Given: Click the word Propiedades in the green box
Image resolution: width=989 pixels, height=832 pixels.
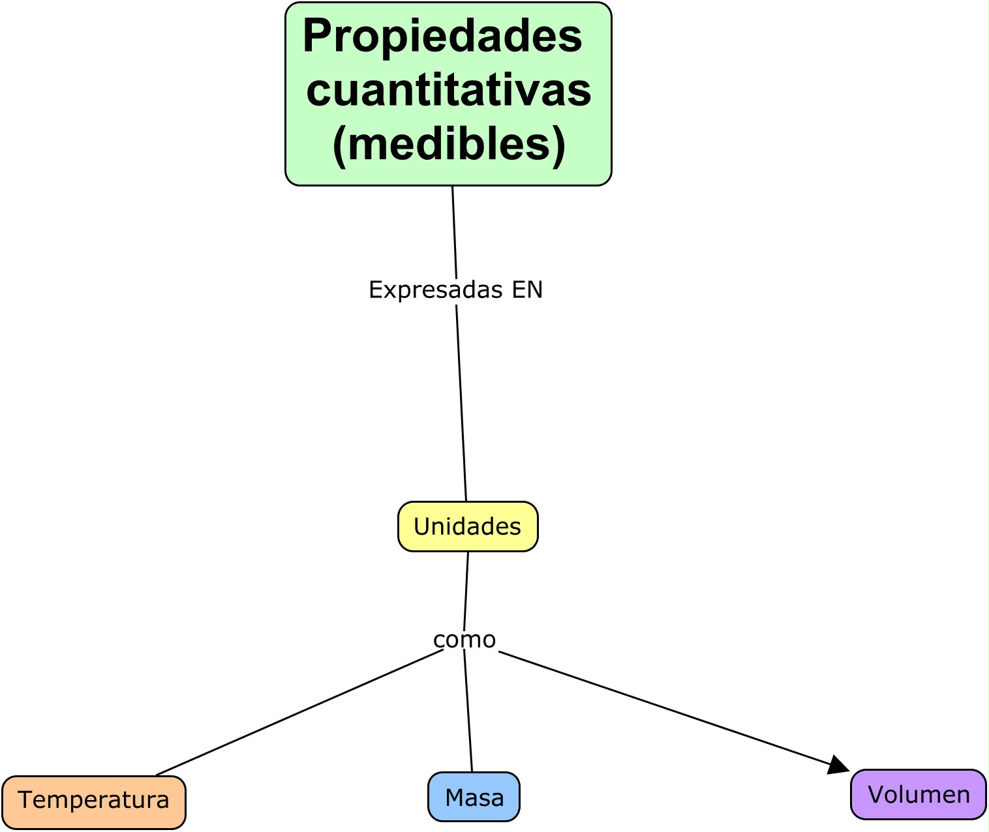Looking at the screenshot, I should [x=442, y=37].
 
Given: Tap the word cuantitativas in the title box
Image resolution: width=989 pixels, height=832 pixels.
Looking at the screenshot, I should [x=449, y=90].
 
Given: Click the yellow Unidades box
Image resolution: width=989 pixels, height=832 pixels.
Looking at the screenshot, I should [x=468, y=526].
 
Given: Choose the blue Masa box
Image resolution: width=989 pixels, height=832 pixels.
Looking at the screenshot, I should [x=474, y=797].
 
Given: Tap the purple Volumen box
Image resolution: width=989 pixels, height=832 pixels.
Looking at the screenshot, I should [x=919, y=795].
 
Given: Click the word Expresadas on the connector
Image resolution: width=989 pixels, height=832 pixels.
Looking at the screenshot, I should [x=436, y=290].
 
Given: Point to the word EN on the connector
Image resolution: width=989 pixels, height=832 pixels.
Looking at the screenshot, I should [x=527, y=290].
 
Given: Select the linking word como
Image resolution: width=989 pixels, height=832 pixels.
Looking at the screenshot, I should [x=464, y=640].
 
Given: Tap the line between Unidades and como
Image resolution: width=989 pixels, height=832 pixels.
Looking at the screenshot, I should [x=466, y=590].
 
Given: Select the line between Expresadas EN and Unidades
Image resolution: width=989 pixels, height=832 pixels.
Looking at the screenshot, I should [x=461, y=404].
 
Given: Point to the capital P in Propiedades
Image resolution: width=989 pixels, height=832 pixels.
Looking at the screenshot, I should [x=317, y=37].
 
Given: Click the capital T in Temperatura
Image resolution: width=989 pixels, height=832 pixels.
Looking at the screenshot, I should [x=25, y=799].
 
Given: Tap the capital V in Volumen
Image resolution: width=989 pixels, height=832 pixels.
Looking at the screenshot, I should [x=876, y=795].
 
